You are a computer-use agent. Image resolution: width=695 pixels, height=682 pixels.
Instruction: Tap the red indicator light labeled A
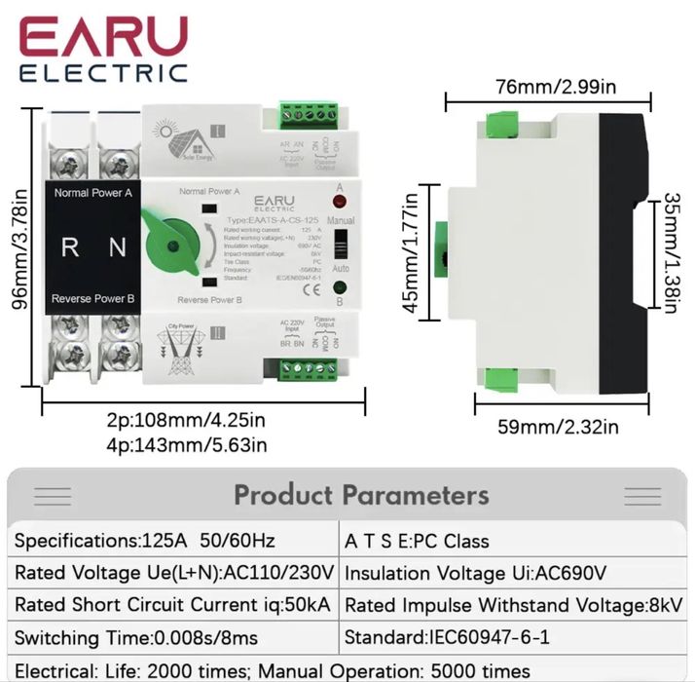click(340, 203)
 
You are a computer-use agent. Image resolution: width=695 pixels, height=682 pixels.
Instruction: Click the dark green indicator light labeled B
click(340, 286)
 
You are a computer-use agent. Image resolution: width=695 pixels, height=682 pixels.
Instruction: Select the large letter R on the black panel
click(70, 247)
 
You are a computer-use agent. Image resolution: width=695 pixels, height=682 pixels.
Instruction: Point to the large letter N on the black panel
click(117, 247)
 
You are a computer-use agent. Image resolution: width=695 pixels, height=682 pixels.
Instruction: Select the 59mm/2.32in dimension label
click(560, 426)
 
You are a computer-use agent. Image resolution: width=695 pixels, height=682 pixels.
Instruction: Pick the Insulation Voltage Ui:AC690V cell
click(475, 572)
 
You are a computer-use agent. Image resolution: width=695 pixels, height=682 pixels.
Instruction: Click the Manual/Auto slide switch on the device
click(340, 244)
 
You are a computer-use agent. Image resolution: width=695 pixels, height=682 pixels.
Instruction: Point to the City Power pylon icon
click(181, 353)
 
